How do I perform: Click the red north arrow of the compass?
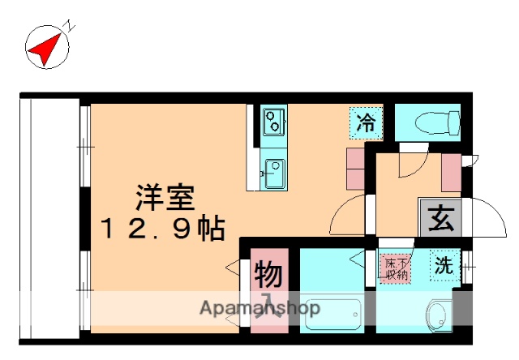point(45,46)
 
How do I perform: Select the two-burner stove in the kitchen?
point(273,122)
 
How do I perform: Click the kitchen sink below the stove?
point(273,171)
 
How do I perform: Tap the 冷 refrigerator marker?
point(367,123)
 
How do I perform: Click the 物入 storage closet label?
point(268,284)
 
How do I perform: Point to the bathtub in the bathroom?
point(332,314)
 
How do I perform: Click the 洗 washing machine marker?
point(444,264)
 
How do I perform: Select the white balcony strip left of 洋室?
point(49,215)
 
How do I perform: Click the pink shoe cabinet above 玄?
point(451,171)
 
